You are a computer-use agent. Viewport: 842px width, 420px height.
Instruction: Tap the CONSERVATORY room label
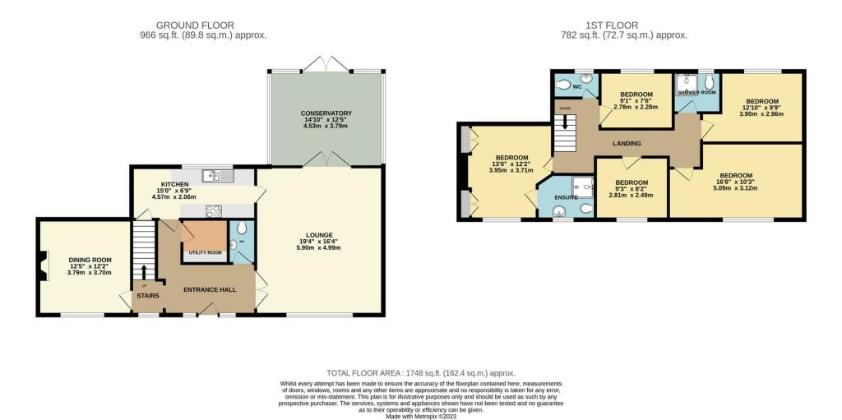(326, 113)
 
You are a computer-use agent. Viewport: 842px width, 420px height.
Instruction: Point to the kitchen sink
(215, 175)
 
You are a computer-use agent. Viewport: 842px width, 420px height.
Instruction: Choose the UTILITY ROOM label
(206, 252)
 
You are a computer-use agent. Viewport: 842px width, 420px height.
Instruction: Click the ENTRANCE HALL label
(210, 289)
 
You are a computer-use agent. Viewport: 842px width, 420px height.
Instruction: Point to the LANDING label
(627, 143)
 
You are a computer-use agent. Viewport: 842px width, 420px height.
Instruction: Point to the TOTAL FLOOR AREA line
(420, 373)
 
